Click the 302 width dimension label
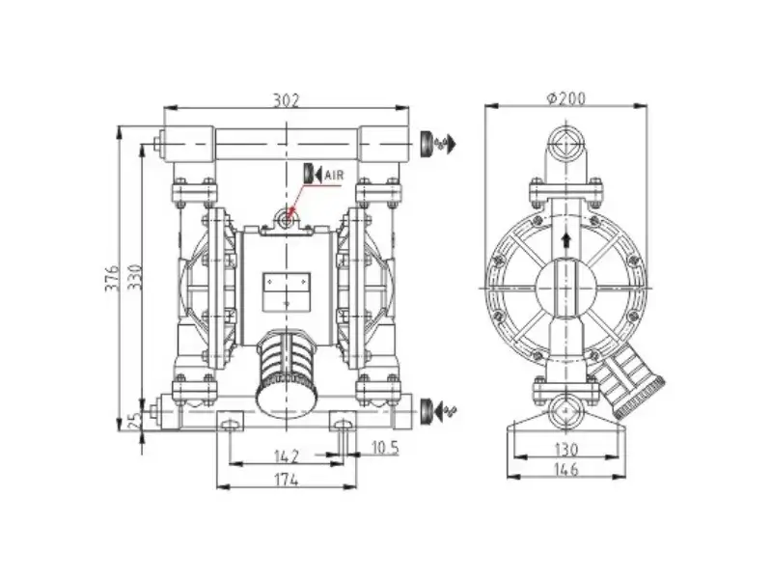coord(286,100)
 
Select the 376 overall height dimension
coord(112,278)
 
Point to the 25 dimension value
coord(135,422)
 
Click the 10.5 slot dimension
coord(384,448)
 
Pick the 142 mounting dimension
coord(286,456)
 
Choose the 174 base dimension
coord(286,479)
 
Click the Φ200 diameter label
coord(566,99)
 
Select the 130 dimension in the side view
coord(566,450)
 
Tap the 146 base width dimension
coord(566,469)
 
